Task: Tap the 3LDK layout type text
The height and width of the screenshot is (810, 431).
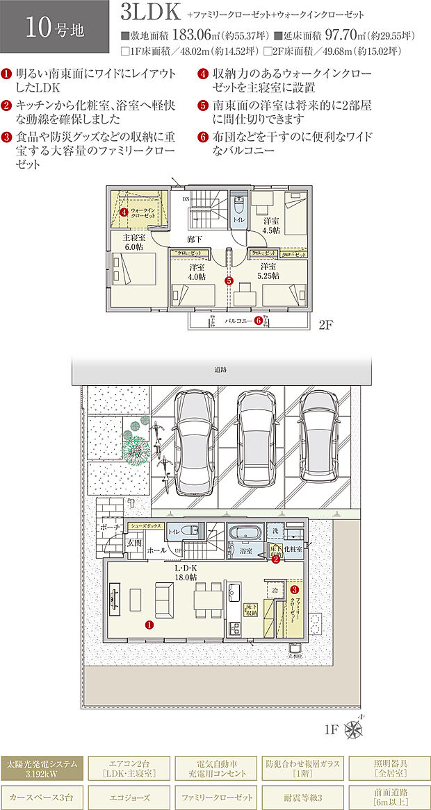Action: [x=151, y=12]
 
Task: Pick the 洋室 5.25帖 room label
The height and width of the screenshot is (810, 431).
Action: [x=269, y=271]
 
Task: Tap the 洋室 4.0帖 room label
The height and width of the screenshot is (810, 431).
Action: [x=197, y=271]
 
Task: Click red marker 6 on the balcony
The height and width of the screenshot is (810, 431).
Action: [x=258, y=321]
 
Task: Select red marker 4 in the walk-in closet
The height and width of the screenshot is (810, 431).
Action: [x=123, y=212]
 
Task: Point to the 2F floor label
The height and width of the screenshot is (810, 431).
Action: [x=327, y=325]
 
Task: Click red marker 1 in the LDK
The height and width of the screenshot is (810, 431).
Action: [x=149, y=625]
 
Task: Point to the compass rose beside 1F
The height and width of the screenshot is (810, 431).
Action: [x=353, y=729]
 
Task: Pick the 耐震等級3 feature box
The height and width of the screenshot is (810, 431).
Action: [x=302, y=796]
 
